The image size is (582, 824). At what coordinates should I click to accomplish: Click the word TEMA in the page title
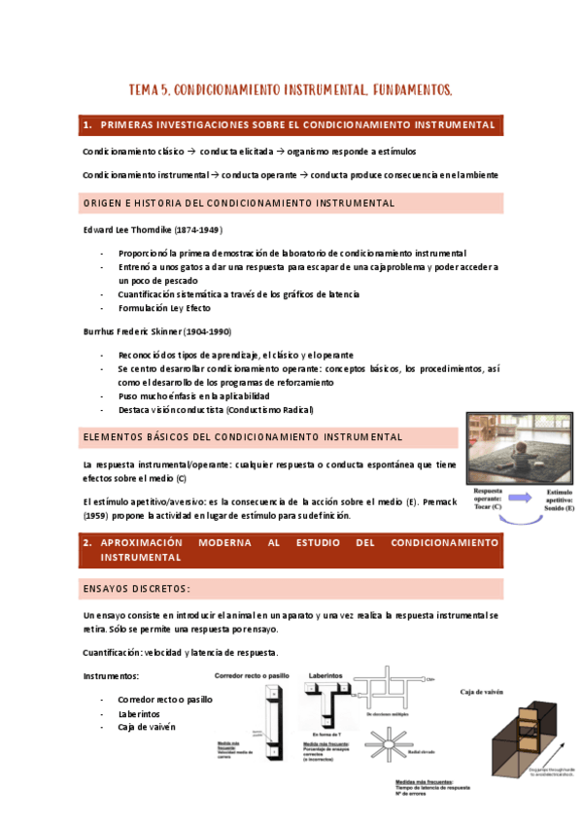[144, 90]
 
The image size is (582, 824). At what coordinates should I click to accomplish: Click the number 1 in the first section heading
[87, 126]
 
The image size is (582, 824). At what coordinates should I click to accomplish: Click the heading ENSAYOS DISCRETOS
[136, 590]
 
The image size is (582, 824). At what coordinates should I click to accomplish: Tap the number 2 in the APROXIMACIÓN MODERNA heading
[87, 542]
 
